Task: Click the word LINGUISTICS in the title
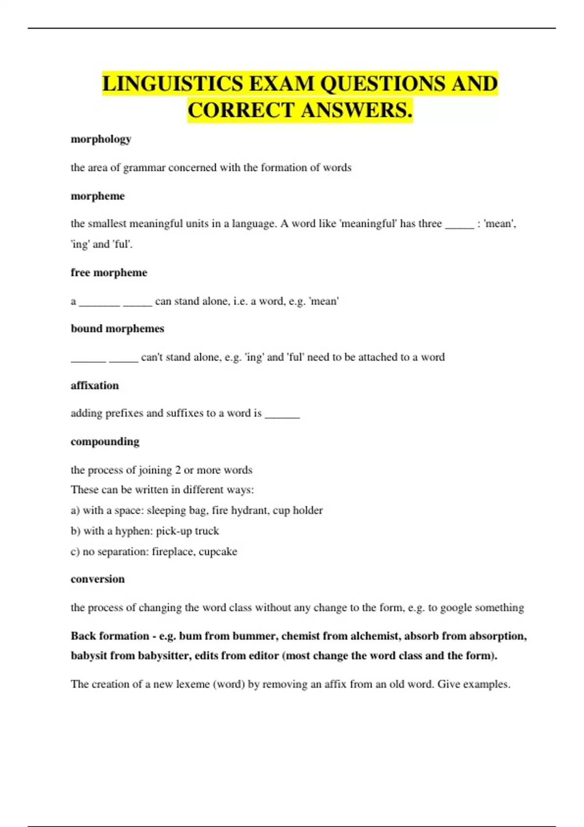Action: pyautogui.click(x=172, y=84)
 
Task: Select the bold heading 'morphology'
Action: pyautogui.click(x=101, y=139)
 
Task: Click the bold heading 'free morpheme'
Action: pyautogui.click(x=109, y=272)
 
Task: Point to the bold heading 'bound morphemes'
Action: pyautogui.click(x=117, y=329)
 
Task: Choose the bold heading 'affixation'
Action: pyautogui.click(x=94, y=386)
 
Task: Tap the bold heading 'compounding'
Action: pyautogui.click(x=105, y=442)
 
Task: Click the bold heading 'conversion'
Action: pyautogui.click(x=97, y=579)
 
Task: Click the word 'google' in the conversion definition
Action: pyautogui.click(x=456, y=608)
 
